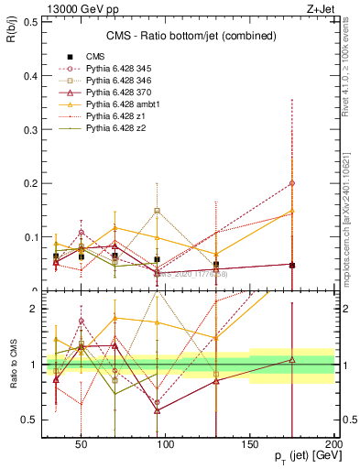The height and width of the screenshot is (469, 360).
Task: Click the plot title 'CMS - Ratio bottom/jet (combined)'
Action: (x=136, y=36)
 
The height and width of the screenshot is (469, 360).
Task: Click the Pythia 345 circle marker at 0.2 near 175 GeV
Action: (x=292, y=183)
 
